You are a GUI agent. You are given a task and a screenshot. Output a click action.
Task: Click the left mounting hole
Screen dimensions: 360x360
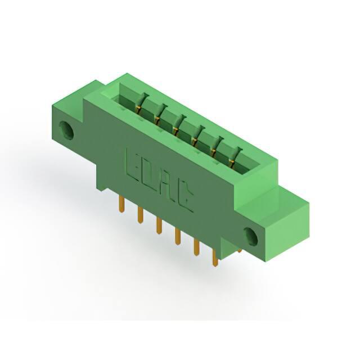[x=66, y=130]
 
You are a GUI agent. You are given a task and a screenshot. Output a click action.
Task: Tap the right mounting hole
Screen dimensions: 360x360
[x=251, y=237]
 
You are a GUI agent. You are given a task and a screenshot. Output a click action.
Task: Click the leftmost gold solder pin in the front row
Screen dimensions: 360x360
[x=122, y=205]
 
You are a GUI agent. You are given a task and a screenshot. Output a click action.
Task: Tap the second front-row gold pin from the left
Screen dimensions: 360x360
[x=140, y=215]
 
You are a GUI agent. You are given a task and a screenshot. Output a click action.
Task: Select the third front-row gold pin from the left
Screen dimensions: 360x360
[x=159, y=226]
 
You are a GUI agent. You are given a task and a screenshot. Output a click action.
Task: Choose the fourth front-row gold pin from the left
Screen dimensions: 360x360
[x=177, y=236]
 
